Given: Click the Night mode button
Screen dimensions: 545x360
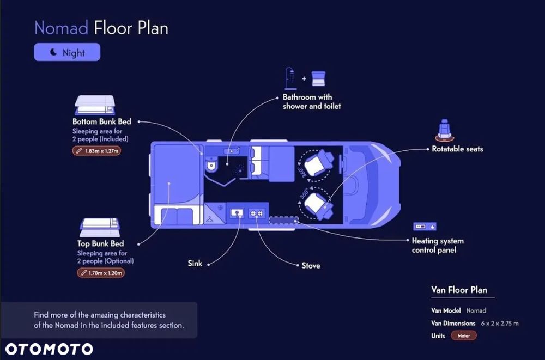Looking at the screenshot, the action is pyautogui.click(x=67, y=52).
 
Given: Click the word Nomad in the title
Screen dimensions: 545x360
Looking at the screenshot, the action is pyautogui.click(x=61, y=28).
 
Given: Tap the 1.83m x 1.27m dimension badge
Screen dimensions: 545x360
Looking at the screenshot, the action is pyautogui.click(x=96, y=151).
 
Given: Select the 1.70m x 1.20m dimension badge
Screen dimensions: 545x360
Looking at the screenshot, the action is pyautogui.click(x=101, y=273).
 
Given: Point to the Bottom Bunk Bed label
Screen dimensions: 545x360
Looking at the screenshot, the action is pyautogui.click(x=102, y=121).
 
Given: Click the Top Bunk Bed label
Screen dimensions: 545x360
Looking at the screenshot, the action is pyautogui.click(x=100, y=243).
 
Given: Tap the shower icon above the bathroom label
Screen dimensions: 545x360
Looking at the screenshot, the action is pyautogui.click(x=290, y=78).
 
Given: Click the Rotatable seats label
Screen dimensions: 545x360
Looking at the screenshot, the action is pyautogui.click(x=457, y=149).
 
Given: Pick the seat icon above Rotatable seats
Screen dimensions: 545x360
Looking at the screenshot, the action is pyautogui.click(x=445, y=130).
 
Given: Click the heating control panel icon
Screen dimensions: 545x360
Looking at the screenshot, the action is pyautogui.click(x=425, y=227).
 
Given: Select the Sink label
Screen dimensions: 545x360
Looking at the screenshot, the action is pyautogui.click(x=195, y=264).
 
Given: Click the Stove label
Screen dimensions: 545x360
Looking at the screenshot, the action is pyautogui.click(x=311, y=265).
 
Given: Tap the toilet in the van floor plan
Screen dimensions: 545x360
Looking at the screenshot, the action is pyautogui.click(x=211, y=164).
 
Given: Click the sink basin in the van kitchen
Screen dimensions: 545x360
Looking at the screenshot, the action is pyautogui.click(x=237, y=213).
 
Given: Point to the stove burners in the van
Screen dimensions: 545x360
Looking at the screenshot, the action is pyautogui.click(x=257, y=213).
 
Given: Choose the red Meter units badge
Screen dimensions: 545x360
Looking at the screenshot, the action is pyautogui.click(x=464, y=335).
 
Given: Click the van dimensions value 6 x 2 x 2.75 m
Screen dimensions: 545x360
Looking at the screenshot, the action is pyautogui.click(x=500, y=323).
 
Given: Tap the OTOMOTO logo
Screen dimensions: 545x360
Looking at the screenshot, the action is pyautogui.click(x=49, y=349).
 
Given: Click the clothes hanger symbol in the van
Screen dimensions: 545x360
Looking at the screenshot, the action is pyautogui.click(x=209, y=219).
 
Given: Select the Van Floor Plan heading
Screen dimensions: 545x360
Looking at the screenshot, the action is pyautogui.click(x=459, y=290).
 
